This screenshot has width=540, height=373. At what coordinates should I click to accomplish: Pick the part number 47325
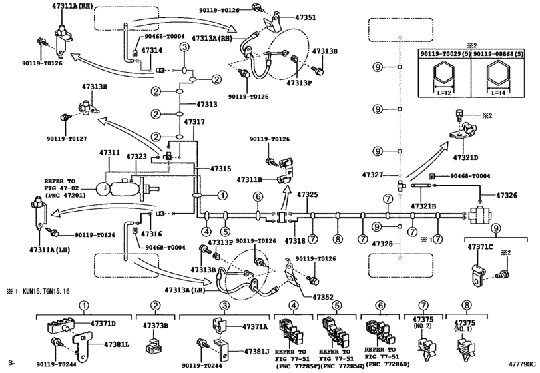[x=307, y=194]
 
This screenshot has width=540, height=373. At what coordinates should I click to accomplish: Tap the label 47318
[x=296, y=239]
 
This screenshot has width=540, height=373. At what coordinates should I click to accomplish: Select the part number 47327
[x=373, y=175]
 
